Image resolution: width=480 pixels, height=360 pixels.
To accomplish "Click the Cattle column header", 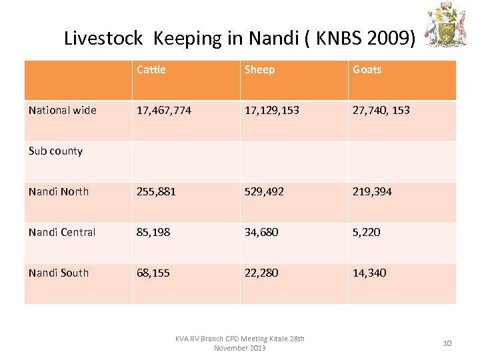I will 151,70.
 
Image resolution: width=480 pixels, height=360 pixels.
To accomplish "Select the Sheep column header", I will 259,70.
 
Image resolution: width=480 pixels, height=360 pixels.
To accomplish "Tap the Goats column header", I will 367,70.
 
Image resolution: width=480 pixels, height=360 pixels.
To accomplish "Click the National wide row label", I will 63,111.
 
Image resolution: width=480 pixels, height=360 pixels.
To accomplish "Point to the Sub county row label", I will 56,151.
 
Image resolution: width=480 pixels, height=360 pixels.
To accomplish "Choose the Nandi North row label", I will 59,192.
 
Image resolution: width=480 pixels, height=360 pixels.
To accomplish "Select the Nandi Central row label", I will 62,233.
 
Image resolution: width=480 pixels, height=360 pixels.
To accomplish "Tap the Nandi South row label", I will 59,273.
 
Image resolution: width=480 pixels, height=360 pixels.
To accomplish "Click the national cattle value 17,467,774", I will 164,111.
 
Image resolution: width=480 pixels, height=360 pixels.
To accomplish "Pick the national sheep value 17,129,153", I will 273,111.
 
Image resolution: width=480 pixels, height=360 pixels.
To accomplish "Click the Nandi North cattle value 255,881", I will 156,192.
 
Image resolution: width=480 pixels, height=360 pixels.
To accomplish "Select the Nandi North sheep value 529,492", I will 264,192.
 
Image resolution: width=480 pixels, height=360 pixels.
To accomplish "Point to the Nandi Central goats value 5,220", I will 367,233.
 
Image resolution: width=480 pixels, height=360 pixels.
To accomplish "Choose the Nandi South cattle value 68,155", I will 153,273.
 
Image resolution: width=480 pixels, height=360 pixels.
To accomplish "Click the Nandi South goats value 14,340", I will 369,273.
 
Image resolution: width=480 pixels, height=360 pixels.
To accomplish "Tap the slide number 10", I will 447,343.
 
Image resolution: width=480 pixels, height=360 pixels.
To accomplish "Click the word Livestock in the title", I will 103,39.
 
